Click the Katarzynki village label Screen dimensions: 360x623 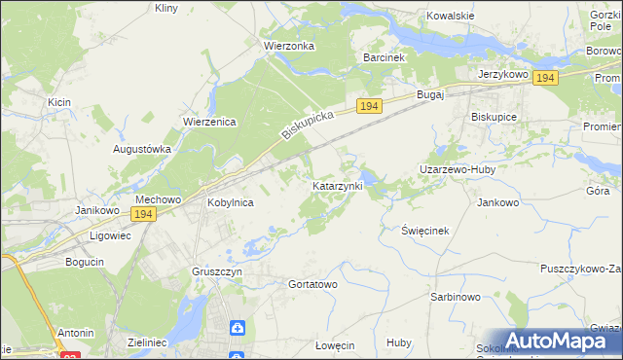pos(338,185)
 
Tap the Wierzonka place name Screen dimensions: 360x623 pos(286,46)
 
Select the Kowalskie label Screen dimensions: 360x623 pos(451,17)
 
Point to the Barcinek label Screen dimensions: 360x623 pos(384,58)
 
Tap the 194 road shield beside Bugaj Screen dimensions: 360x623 pos(368,105)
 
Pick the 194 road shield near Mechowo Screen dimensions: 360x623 pos(143,214)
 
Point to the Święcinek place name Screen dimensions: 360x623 pos(425,231)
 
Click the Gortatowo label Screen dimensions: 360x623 pos(312,284)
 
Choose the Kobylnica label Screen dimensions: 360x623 pos(231,203)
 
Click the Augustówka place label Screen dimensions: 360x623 pos(142,150)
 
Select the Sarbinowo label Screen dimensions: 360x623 pos(455,296)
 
